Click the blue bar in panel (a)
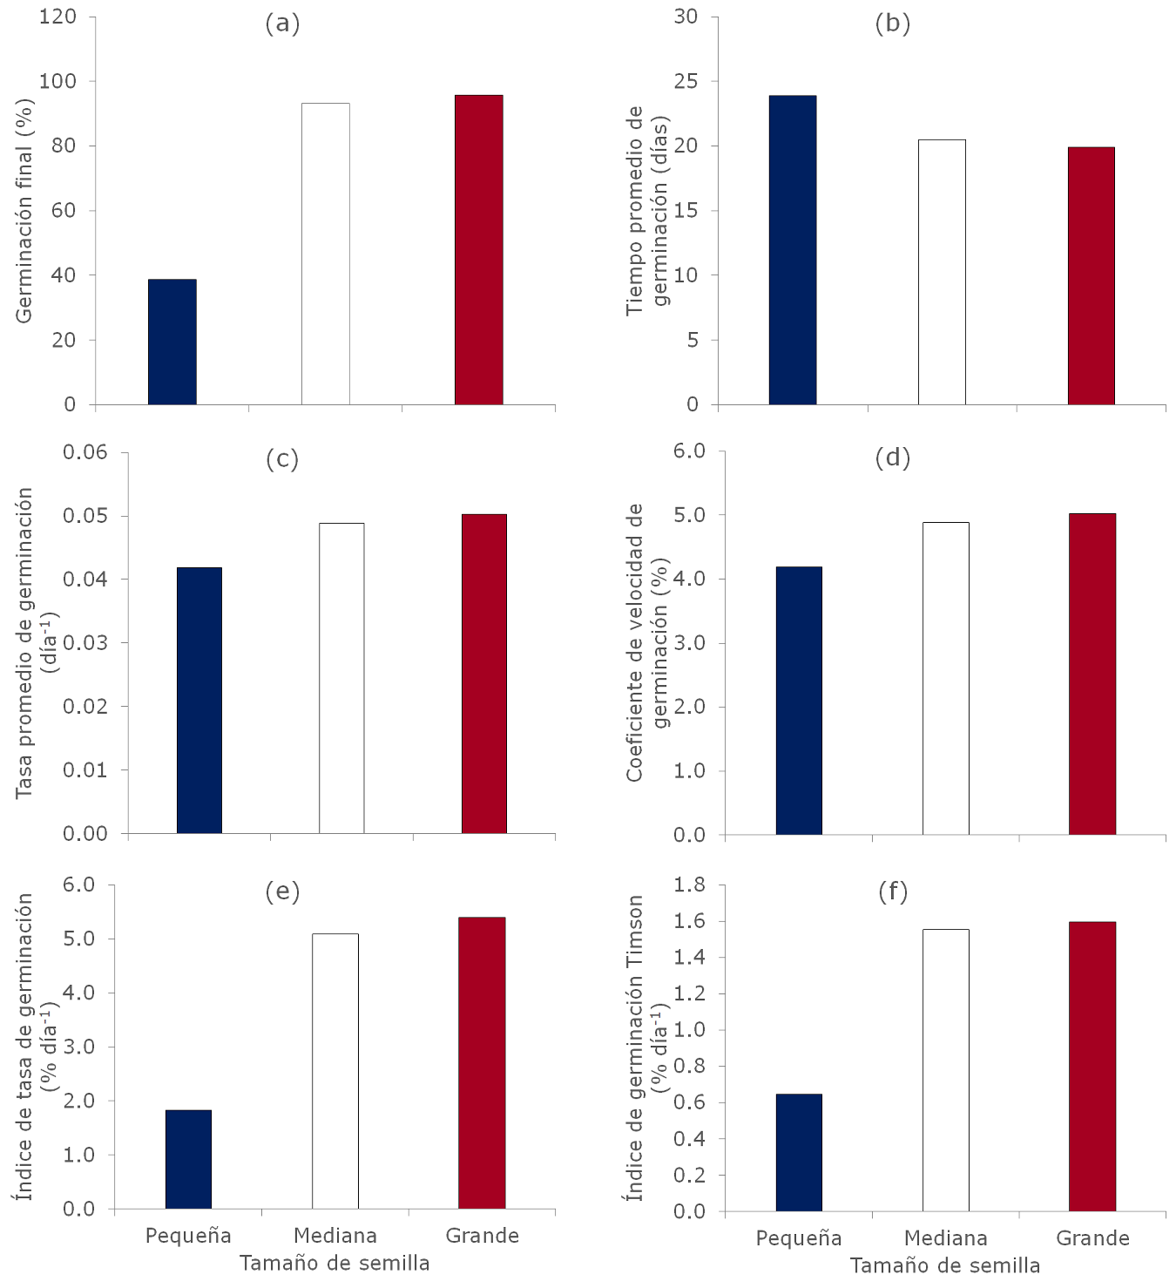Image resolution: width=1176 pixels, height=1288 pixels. (172, 342)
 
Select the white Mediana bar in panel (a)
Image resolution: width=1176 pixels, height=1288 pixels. (326, 254)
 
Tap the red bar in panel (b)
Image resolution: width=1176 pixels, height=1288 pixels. (1092, 275)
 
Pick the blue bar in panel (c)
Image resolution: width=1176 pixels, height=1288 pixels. (199, 700)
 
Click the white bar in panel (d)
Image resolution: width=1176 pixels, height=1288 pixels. (946, 678)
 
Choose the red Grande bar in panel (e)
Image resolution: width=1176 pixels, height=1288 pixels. (482, 1062)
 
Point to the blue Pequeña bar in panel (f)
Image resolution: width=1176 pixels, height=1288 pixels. (799, 1152)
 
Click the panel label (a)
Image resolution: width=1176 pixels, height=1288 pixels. (282, 24)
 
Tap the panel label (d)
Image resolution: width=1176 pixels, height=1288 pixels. (893, 458)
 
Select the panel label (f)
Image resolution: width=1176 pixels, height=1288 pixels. (893, 891)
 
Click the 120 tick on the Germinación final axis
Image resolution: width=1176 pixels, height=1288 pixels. (57, 17)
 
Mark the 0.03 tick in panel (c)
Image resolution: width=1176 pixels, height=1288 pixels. (85, 643)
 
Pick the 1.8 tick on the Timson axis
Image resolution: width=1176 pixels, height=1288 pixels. (690, 885)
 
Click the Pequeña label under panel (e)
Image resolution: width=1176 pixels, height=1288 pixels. (188, 1236)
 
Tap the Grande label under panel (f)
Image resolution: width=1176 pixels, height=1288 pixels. (1092, 1238)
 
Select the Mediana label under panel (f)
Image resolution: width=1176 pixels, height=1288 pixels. (946, 1238)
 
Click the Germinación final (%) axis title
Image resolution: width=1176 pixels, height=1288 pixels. (24, 211)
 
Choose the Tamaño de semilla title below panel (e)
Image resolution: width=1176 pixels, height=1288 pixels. (335, 1263)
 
